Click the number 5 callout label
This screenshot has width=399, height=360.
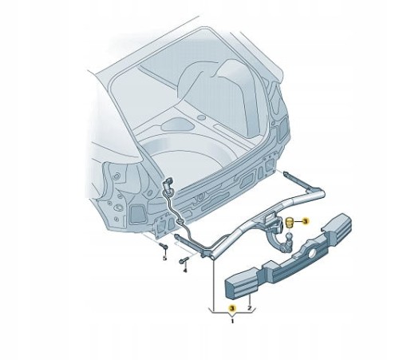164,258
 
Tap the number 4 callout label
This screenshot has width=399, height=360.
185,271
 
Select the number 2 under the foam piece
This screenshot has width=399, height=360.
249,308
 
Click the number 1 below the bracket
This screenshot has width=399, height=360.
232,321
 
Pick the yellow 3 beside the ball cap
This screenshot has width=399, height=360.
305,221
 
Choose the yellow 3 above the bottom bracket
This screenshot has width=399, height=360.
232,308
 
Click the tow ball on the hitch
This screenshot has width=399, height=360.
289,236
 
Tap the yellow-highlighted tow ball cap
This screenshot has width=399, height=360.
289,223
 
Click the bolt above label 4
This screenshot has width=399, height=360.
184,260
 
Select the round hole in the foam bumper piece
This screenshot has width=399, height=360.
311,255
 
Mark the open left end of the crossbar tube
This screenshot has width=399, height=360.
213,257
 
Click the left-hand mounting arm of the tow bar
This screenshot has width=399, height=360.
188,242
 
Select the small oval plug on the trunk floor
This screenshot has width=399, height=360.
201,117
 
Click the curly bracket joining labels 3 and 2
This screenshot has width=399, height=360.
232,312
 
